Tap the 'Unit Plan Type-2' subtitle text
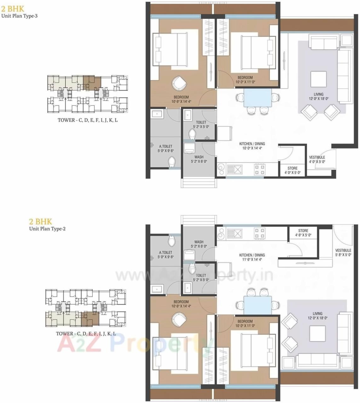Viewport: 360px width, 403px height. [x=47, y=229]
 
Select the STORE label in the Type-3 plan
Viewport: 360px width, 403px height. [x=292, y=168]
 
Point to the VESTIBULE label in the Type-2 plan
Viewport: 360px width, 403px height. [x=343, y=250]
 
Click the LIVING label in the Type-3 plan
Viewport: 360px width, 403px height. [x=318, y=94]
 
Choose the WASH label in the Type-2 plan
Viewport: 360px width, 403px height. [x=199, y=242]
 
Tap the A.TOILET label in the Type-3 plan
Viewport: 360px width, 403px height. [x=166, y=147]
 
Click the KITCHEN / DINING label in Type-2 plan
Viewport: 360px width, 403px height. [x=252, y=255]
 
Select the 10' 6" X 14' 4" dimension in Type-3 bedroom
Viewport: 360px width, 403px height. [x=181, y=102]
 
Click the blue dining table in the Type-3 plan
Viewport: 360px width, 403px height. [x=258, y=98]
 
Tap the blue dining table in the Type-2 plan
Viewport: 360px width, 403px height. [x=258, y=305]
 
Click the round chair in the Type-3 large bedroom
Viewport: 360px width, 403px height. [x=179, y=83]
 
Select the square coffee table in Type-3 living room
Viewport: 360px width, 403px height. [x=318, y=79]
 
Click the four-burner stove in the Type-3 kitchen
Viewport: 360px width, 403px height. [x=260, y=169]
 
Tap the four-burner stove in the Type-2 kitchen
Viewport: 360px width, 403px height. [x=260, y=233]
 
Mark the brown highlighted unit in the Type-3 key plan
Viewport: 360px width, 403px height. [x=92, y=83]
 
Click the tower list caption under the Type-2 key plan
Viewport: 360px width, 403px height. [x=86, y=334]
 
